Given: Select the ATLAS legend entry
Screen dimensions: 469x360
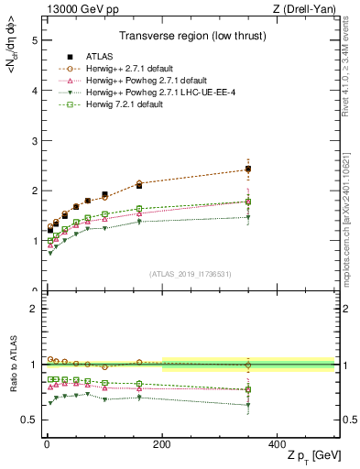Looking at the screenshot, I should click(90, 56).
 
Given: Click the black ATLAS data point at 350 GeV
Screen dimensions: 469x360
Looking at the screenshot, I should click(247, 169).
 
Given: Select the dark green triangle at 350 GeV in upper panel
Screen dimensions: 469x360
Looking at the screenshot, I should click(247, 217).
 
